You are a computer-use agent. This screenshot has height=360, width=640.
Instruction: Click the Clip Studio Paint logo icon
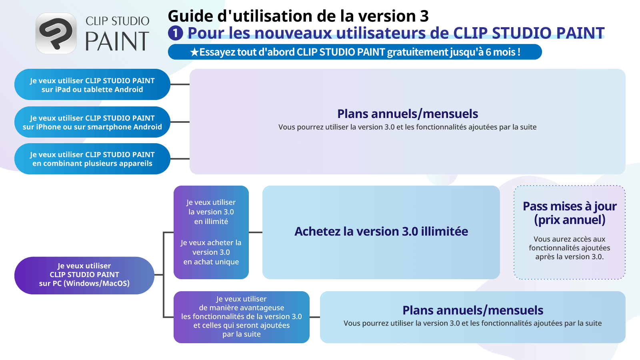point(56,33)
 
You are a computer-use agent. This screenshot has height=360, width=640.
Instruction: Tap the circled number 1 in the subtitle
point(175,33)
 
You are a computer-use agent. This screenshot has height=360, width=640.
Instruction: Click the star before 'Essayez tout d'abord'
point(194,52)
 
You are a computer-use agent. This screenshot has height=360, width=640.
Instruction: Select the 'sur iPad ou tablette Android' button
point(92,85)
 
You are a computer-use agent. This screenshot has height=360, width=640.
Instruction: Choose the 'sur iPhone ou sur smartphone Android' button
point(92,122)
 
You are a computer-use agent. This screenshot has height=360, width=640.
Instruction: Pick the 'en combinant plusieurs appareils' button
point(92,159)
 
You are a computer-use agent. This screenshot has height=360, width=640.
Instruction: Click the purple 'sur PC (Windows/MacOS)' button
point(84,275)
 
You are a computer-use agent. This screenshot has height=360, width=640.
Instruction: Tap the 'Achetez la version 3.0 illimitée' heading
point(381,232)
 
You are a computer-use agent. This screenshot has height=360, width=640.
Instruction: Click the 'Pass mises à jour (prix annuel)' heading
point(570,213)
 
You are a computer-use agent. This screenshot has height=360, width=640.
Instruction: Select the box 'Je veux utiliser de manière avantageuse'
point(241,317)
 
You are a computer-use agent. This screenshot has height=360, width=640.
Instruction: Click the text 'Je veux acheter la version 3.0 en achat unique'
point(211,252)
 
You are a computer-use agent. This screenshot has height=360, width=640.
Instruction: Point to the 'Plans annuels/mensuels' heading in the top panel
point(407,114)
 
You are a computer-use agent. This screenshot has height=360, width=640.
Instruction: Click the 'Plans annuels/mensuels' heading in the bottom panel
point(472,310)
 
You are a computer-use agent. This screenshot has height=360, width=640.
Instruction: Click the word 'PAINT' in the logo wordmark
point(117,42)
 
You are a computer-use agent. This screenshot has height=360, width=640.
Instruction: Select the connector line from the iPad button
point(180,85)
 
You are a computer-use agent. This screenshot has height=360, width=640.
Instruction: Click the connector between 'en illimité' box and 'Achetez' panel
point(255,232)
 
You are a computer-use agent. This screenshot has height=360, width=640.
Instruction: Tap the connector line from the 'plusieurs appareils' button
point(180,159)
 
